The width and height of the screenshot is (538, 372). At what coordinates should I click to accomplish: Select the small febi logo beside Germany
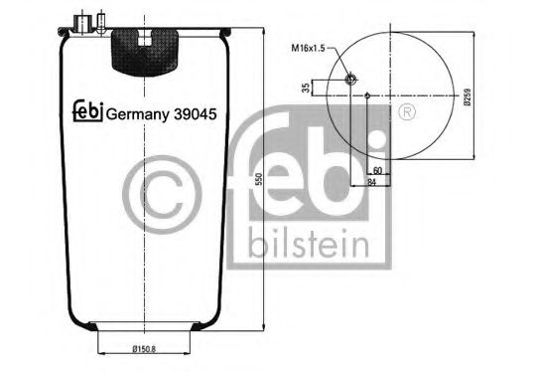coord(87,112)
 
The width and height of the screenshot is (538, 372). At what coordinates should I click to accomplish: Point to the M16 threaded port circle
coord(349,80)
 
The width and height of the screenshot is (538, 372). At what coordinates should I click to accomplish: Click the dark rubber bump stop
coord(145,50)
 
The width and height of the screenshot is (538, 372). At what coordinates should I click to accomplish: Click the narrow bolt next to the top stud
coord(99,21)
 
